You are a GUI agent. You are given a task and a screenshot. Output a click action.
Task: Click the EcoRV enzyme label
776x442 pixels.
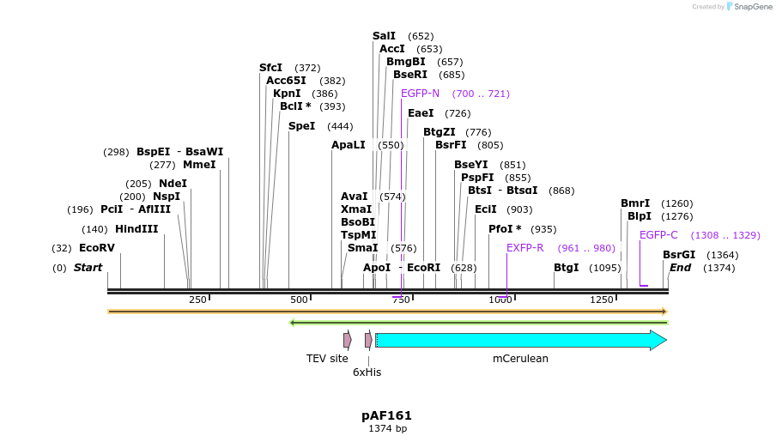[x=96, y=248]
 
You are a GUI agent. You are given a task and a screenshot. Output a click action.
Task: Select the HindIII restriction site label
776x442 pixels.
[x=136, y=229]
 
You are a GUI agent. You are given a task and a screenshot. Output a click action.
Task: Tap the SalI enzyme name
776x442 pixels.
[x=384, y=36]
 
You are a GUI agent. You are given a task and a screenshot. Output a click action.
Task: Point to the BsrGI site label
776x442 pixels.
[x=679, y=255]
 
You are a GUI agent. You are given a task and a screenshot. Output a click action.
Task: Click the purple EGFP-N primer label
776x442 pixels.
[x=420, y=94]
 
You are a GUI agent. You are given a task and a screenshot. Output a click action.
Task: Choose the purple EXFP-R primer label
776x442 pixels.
[x=524, y=248]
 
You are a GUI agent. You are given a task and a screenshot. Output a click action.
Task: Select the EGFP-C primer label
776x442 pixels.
[x=658, y=235]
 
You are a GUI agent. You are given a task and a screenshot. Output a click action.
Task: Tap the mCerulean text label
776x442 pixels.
[x=520, y=359]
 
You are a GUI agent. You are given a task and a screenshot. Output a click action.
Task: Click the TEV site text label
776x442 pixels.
[x=327, y=359]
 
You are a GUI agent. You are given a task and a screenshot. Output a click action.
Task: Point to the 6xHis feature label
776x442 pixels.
[x=367, y=372]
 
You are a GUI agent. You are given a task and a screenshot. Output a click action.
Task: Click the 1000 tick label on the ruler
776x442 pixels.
[x=500, y=300]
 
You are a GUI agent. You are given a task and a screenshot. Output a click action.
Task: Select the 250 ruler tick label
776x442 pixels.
[x=197, y=300]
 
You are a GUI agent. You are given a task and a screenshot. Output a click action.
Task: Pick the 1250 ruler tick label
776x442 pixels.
[x=602, y=300]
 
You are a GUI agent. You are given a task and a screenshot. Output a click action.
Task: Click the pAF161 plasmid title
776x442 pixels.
[x=386, y=415]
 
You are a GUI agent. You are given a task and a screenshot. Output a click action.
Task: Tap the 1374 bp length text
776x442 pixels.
[x=387, y=428]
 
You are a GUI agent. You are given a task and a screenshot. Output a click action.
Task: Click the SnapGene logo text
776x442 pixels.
[x=753, y=7]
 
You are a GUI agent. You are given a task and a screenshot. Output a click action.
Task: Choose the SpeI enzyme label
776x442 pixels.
[x=301, y=126]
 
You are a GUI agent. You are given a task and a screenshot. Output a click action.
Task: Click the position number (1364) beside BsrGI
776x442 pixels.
[x=722, y=255]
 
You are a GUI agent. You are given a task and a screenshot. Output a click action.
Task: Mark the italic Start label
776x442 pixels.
[x=88, y=268]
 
